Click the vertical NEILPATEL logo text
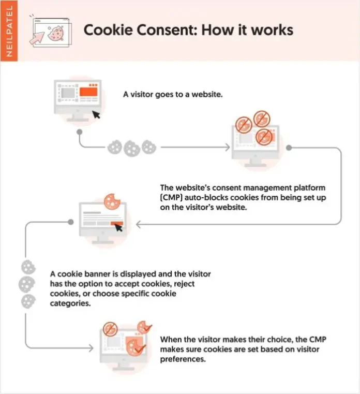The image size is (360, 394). [8, 30]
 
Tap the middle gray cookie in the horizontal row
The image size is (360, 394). [131, 148]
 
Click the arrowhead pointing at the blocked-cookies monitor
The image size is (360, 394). [227, 148]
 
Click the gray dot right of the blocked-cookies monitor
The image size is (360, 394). [289, 148]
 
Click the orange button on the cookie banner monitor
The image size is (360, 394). [116, 223]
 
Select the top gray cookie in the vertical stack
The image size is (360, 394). [26, 267]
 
